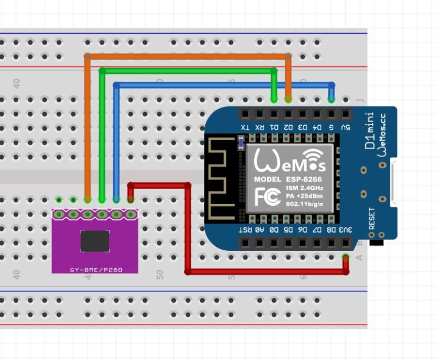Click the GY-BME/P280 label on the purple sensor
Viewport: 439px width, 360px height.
[95, 269]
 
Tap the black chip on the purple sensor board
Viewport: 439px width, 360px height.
[95, 241]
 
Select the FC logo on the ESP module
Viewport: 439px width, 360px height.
[267, 196]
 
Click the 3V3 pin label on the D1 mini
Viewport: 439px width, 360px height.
[346, 230]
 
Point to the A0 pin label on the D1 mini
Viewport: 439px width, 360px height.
[260, 230]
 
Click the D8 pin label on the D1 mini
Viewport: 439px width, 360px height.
[332, 230]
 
